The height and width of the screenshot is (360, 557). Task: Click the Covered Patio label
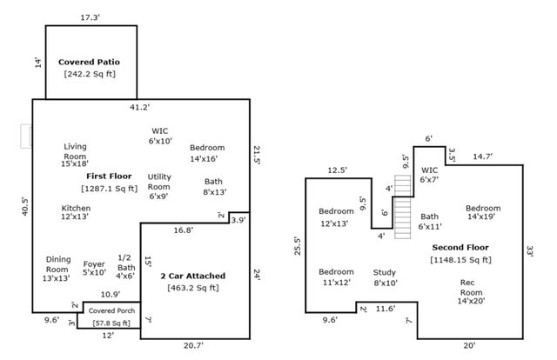pos(89,63)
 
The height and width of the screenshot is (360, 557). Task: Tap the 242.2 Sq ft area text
pos(89,74)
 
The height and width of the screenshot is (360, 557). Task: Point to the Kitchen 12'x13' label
pos(76,213)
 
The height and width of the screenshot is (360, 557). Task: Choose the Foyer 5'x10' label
pos(93,269)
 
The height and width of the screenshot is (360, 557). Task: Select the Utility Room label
pos(159,186)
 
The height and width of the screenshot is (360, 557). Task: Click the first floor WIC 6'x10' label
pos(160,136)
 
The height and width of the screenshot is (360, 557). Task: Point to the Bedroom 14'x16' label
pos(207,153)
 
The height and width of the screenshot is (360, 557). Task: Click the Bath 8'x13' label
pos(214,186)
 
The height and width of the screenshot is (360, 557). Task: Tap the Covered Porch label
pos(111,310)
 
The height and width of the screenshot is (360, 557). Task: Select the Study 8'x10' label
pos(385,277)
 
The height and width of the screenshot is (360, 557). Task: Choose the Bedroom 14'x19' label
pos(482,213)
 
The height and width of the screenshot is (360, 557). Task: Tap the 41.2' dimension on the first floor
pos(139,107)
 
